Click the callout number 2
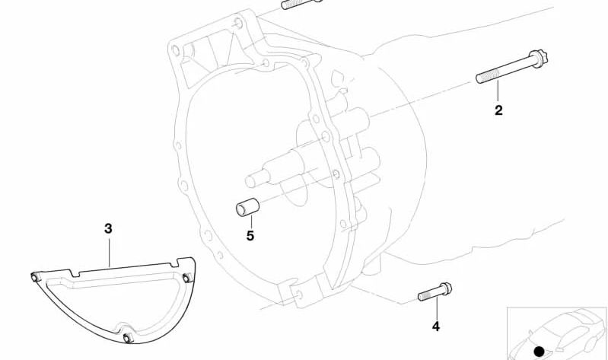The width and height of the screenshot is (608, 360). pyautogui.click(x=498, y=110)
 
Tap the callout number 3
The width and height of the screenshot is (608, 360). pyautogui.click(x=108, y=229)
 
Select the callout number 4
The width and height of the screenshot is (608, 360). pyautogui.click(x=436, y=327)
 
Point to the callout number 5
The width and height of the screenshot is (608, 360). pyautogui.click(x=250, y=235)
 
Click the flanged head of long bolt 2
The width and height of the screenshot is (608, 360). pyautogui.click(x=539, y=59)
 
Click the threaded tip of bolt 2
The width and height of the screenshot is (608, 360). pyautogui.click(x=481, y=78)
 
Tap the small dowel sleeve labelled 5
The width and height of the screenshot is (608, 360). pyautogui.click(x=247, y=207)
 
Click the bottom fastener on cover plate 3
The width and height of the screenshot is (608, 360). pyautogui.click(x=128, y=337)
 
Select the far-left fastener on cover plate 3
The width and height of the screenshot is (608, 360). pyautogui.click(x=35, y=277)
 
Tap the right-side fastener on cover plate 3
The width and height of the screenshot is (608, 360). pyautogui.click(x=188, y=278)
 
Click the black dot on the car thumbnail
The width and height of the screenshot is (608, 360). pyautogui.click(x=539, y=352)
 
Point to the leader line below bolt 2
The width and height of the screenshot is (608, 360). pyautogui.click(x=498, y=92)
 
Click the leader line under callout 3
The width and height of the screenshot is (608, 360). pyautogui.click(x=109, y=252)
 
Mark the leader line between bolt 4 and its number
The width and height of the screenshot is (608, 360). pyautogui.click(x=436, y=308)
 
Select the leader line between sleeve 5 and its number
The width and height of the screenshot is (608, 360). pyautogui.click(x=251, y=222)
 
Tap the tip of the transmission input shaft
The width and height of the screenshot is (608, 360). pyautogui.click(x=251, y=181)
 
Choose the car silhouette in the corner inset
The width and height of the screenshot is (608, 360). pyautogui.click(x=557, y=334)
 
